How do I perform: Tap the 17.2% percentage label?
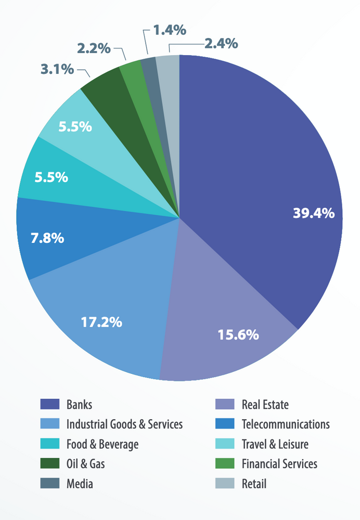101,322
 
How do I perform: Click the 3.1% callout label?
58,69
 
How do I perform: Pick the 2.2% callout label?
94,49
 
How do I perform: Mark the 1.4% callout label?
169,30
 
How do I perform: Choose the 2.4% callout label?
221,43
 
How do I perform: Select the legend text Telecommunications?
286,424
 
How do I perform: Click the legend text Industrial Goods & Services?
124,424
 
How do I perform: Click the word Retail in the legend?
254,484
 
